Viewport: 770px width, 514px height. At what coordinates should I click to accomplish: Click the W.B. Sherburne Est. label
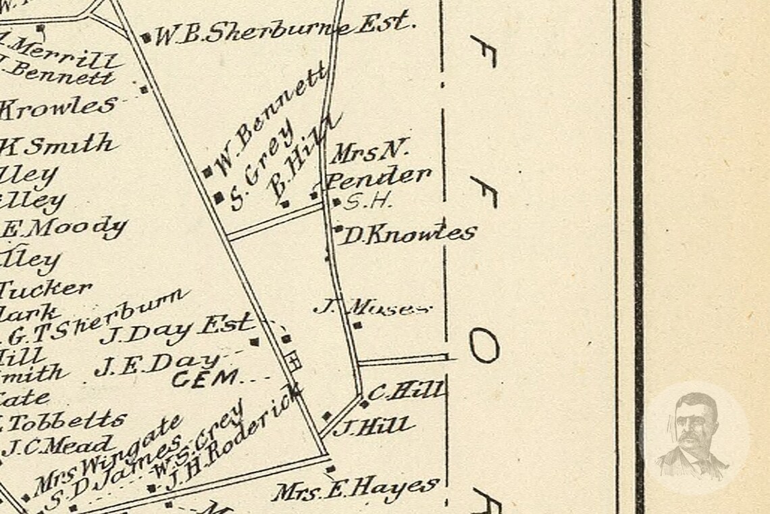click(282, 30)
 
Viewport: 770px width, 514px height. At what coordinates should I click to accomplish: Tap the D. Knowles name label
click(409, 235)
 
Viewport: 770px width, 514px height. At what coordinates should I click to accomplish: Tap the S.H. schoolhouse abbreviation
click(368, 201)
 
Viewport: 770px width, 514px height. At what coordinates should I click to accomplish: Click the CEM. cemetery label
click(205, 378)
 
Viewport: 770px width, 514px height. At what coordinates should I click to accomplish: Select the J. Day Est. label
click(176, 329)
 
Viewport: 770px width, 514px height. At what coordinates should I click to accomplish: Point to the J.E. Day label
click(157, 365)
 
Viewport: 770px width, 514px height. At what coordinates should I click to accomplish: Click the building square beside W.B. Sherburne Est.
click(147, 37)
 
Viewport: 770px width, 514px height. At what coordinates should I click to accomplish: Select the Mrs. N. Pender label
click(378, 166)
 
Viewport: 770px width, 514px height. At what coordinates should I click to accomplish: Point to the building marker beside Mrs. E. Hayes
click(330, 469)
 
